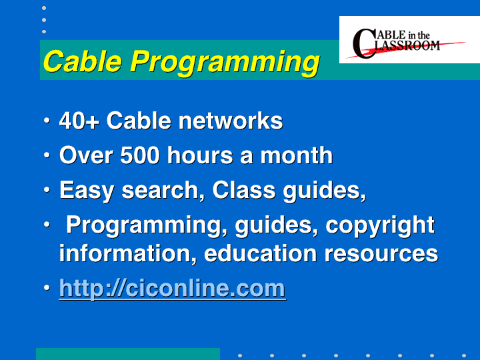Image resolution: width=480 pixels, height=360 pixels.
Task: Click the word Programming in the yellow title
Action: (225, 63)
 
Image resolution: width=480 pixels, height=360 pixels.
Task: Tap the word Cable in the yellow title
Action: (83, 61)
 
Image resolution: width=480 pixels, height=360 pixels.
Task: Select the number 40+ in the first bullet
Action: (79, 121)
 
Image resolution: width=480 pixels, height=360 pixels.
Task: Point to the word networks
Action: (231, 121)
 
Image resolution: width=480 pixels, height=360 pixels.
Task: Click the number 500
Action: (140, 155)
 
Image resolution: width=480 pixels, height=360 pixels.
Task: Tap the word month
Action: (296, 155)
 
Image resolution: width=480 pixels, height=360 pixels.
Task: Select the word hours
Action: (200, 155)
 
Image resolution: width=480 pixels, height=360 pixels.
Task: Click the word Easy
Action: (87, 191)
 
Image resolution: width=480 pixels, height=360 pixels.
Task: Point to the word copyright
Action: (380, 226)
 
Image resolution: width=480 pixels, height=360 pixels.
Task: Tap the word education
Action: (261, 253)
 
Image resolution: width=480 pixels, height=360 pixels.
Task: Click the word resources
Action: (381, 254)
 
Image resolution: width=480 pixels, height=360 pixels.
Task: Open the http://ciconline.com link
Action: (173, 289)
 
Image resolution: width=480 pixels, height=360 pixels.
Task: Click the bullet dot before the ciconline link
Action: (47, 288)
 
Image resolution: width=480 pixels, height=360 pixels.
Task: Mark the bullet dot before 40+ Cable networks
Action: (47, 120)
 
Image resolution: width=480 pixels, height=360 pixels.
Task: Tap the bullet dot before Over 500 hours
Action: (47, 155)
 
